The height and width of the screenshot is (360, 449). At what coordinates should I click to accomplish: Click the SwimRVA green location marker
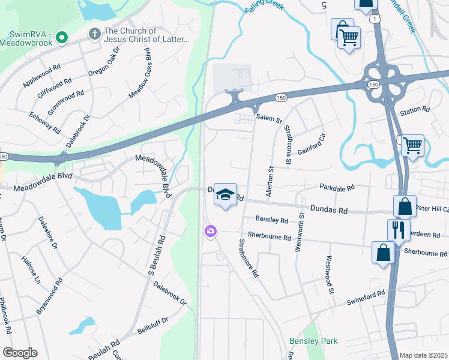point(61,38)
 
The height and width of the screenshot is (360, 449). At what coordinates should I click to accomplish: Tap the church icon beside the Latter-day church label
point(94,35)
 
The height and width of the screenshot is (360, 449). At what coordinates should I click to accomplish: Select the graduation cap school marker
point(225,195)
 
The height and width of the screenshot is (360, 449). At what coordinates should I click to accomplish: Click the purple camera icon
point(210,231)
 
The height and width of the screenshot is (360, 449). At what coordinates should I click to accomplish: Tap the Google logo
point(20,353)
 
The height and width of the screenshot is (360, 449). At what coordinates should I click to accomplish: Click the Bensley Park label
point(313,341)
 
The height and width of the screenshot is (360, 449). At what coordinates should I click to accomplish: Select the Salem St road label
point(269,119)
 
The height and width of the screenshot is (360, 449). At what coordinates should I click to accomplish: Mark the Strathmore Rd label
point(249,258)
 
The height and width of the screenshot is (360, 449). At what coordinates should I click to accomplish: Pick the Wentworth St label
point(299,231)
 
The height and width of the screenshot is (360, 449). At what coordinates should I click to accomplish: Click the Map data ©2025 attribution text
point(424,355)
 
